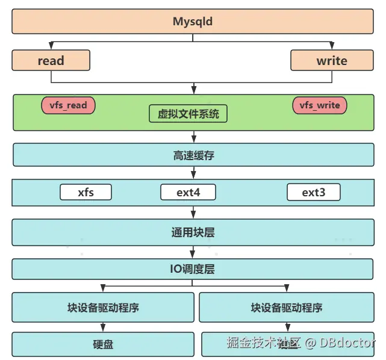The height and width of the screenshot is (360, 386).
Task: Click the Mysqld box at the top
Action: point(193,22)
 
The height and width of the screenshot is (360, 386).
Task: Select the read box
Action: point(51,60)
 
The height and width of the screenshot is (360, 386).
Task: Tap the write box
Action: point(332,60)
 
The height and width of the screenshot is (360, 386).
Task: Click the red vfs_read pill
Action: point(68,105)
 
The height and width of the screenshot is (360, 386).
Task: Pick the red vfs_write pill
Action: point(320,105)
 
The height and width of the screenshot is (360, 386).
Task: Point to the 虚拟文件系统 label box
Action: point(188,113)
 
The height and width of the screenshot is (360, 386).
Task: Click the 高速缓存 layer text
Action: point(193,155)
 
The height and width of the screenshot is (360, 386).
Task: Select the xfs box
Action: point(86,193)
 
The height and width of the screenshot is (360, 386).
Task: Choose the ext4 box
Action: point(188,193)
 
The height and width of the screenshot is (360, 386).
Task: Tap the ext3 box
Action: point(313,193)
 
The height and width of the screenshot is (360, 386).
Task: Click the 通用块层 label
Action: point(193,232)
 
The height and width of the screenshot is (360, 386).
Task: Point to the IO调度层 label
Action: point(193,269)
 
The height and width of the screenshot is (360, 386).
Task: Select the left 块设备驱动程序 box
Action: point(103,307)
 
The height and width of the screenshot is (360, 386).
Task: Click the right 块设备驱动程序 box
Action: point(287,307)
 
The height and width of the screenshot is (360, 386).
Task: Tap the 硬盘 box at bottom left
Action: point(103,344)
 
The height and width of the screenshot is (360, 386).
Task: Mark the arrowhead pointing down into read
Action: point(51,46)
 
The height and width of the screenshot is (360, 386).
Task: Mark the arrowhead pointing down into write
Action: point(332,46)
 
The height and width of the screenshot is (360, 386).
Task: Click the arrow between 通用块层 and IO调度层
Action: point(193,253)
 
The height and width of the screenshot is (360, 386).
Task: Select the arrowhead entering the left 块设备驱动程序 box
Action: point(103,289)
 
